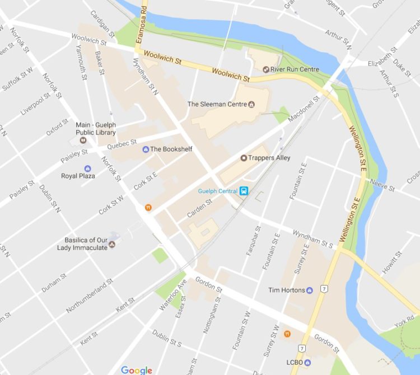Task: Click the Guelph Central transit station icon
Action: pyautogui.click(x=244, y=191)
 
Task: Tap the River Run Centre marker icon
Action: pyautogui.click(x=266, y=69)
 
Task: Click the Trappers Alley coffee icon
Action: pyautogui.click(x=244, y=158)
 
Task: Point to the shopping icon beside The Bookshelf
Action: pyautogui.click(x=146, y=149)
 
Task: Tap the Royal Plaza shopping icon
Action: pyautogui.click(x=87, y=168)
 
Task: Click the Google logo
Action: pyautogui.click(x=136, y=370)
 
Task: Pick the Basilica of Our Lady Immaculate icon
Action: pyautogui.click(x=112, y=244)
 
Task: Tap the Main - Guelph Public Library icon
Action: pyautogui.click(x=83, y=140)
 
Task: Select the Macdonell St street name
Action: pyautogui.click(x=303, y=110)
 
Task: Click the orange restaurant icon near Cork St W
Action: pyautogui.click(x=148, y=207)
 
